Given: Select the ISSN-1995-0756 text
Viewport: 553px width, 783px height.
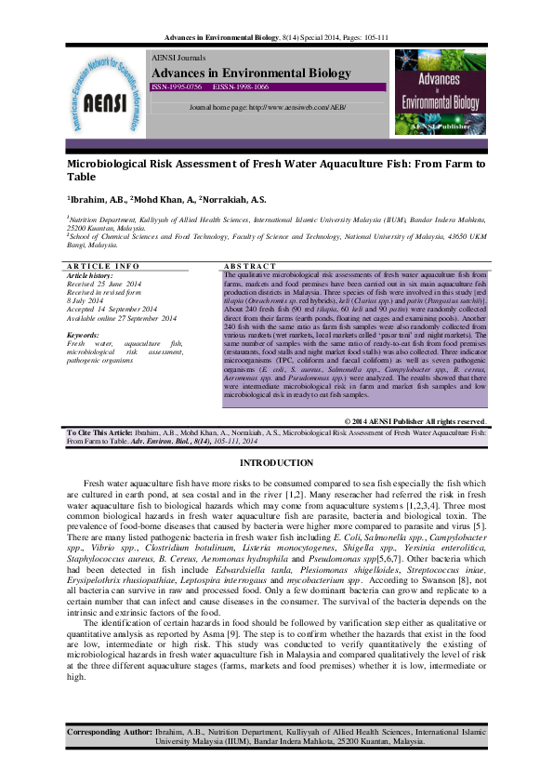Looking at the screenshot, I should (177, 86).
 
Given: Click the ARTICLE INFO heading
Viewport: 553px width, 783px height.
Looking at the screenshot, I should (102, 267).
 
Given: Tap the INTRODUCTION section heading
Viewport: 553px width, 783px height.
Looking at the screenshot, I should (276, 463).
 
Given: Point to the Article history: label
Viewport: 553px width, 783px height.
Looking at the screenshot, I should (90, 275).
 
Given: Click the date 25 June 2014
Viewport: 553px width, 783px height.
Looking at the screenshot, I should (119, 283).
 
